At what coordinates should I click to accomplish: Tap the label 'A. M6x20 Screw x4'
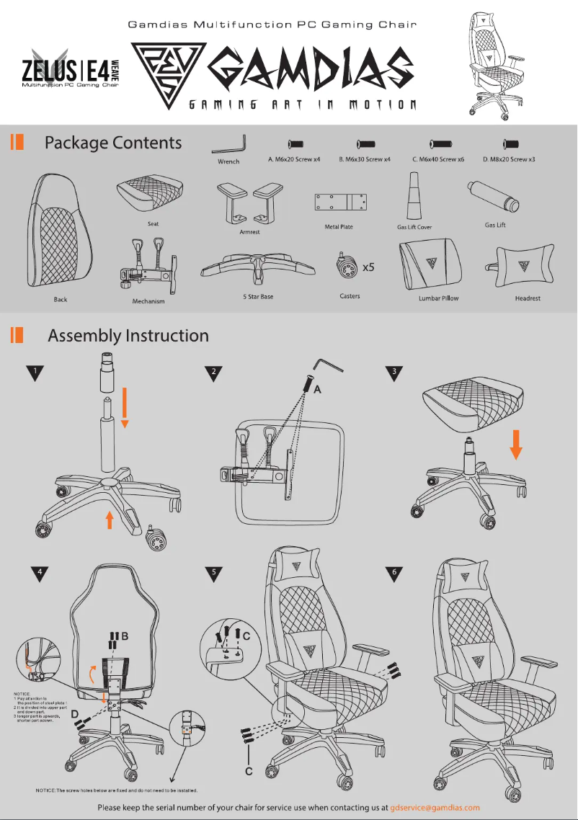click(294, 159)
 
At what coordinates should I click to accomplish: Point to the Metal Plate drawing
click(339, 202)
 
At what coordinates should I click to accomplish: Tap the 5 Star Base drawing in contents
click(258, 267)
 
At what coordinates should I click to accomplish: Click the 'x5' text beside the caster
click(368, 267)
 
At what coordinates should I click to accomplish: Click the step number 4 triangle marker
click(42, 574)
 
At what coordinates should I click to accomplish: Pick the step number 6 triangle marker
click(394, 574)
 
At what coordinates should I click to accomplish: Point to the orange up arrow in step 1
click(109, 520)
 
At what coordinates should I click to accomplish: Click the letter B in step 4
click(125, 636)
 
